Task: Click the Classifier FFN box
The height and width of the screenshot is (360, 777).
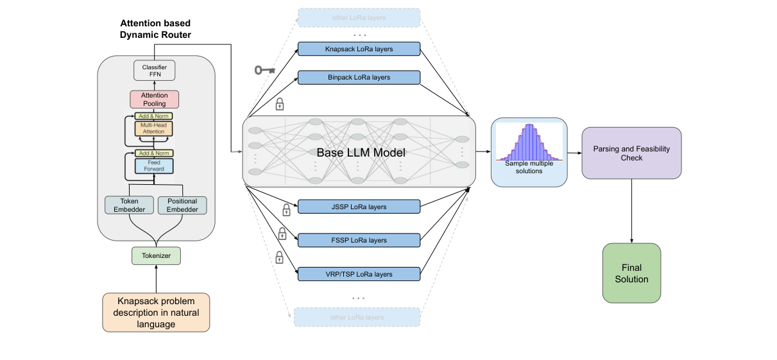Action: pyautogui.click(x=154, y=71)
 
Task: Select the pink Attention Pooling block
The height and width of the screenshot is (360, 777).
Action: pyautogui.click(x=154, y=99)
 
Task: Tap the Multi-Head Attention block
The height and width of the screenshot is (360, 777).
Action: pyautogui.click(x=154, y=128)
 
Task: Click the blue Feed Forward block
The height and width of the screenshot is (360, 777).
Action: pyautogui.click(x=154, y=166)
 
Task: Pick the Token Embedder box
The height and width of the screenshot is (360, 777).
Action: pyautogui.click(x=129, y=205)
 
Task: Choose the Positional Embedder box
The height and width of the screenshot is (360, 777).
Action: pyautogui.click(x=182, y=205)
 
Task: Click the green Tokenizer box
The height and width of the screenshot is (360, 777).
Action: pyautogui.click(x=156, y=256)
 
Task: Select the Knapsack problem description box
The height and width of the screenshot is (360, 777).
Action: pyautogui.click(x=156, y=313)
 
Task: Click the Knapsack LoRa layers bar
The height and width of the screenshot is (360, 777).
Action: pyautogui.click(x=359, y=49)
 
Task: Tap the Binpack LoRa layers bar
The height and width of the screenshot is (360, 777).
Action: pyautogui.click(x=359, y=78)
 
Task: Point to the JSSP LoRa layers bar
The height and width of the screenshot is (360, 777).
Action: pyautogui.click(x=359, y=207)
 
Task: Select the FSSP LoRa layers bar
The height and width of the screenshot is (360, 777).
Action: pyautogui.click(x=359, y=240)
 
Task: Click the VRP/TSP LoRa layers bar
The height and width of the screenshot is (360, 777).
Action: pyautogui.click(x=359, y=274)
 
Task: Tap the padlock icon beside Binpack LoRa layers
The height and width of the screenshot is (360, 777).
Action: pyautogui.click(x=280, y=103)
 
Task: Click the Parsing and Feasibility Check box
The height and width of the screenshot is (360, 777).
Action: pyautogui.click(x=631, y=153)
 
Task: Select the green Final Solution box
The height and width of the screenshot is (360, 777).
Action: pyautogui.click(x=631, y=273)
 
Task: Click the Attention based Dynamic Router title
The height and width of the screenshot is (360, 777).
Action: pyautogui.click(x=155, y=29)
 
